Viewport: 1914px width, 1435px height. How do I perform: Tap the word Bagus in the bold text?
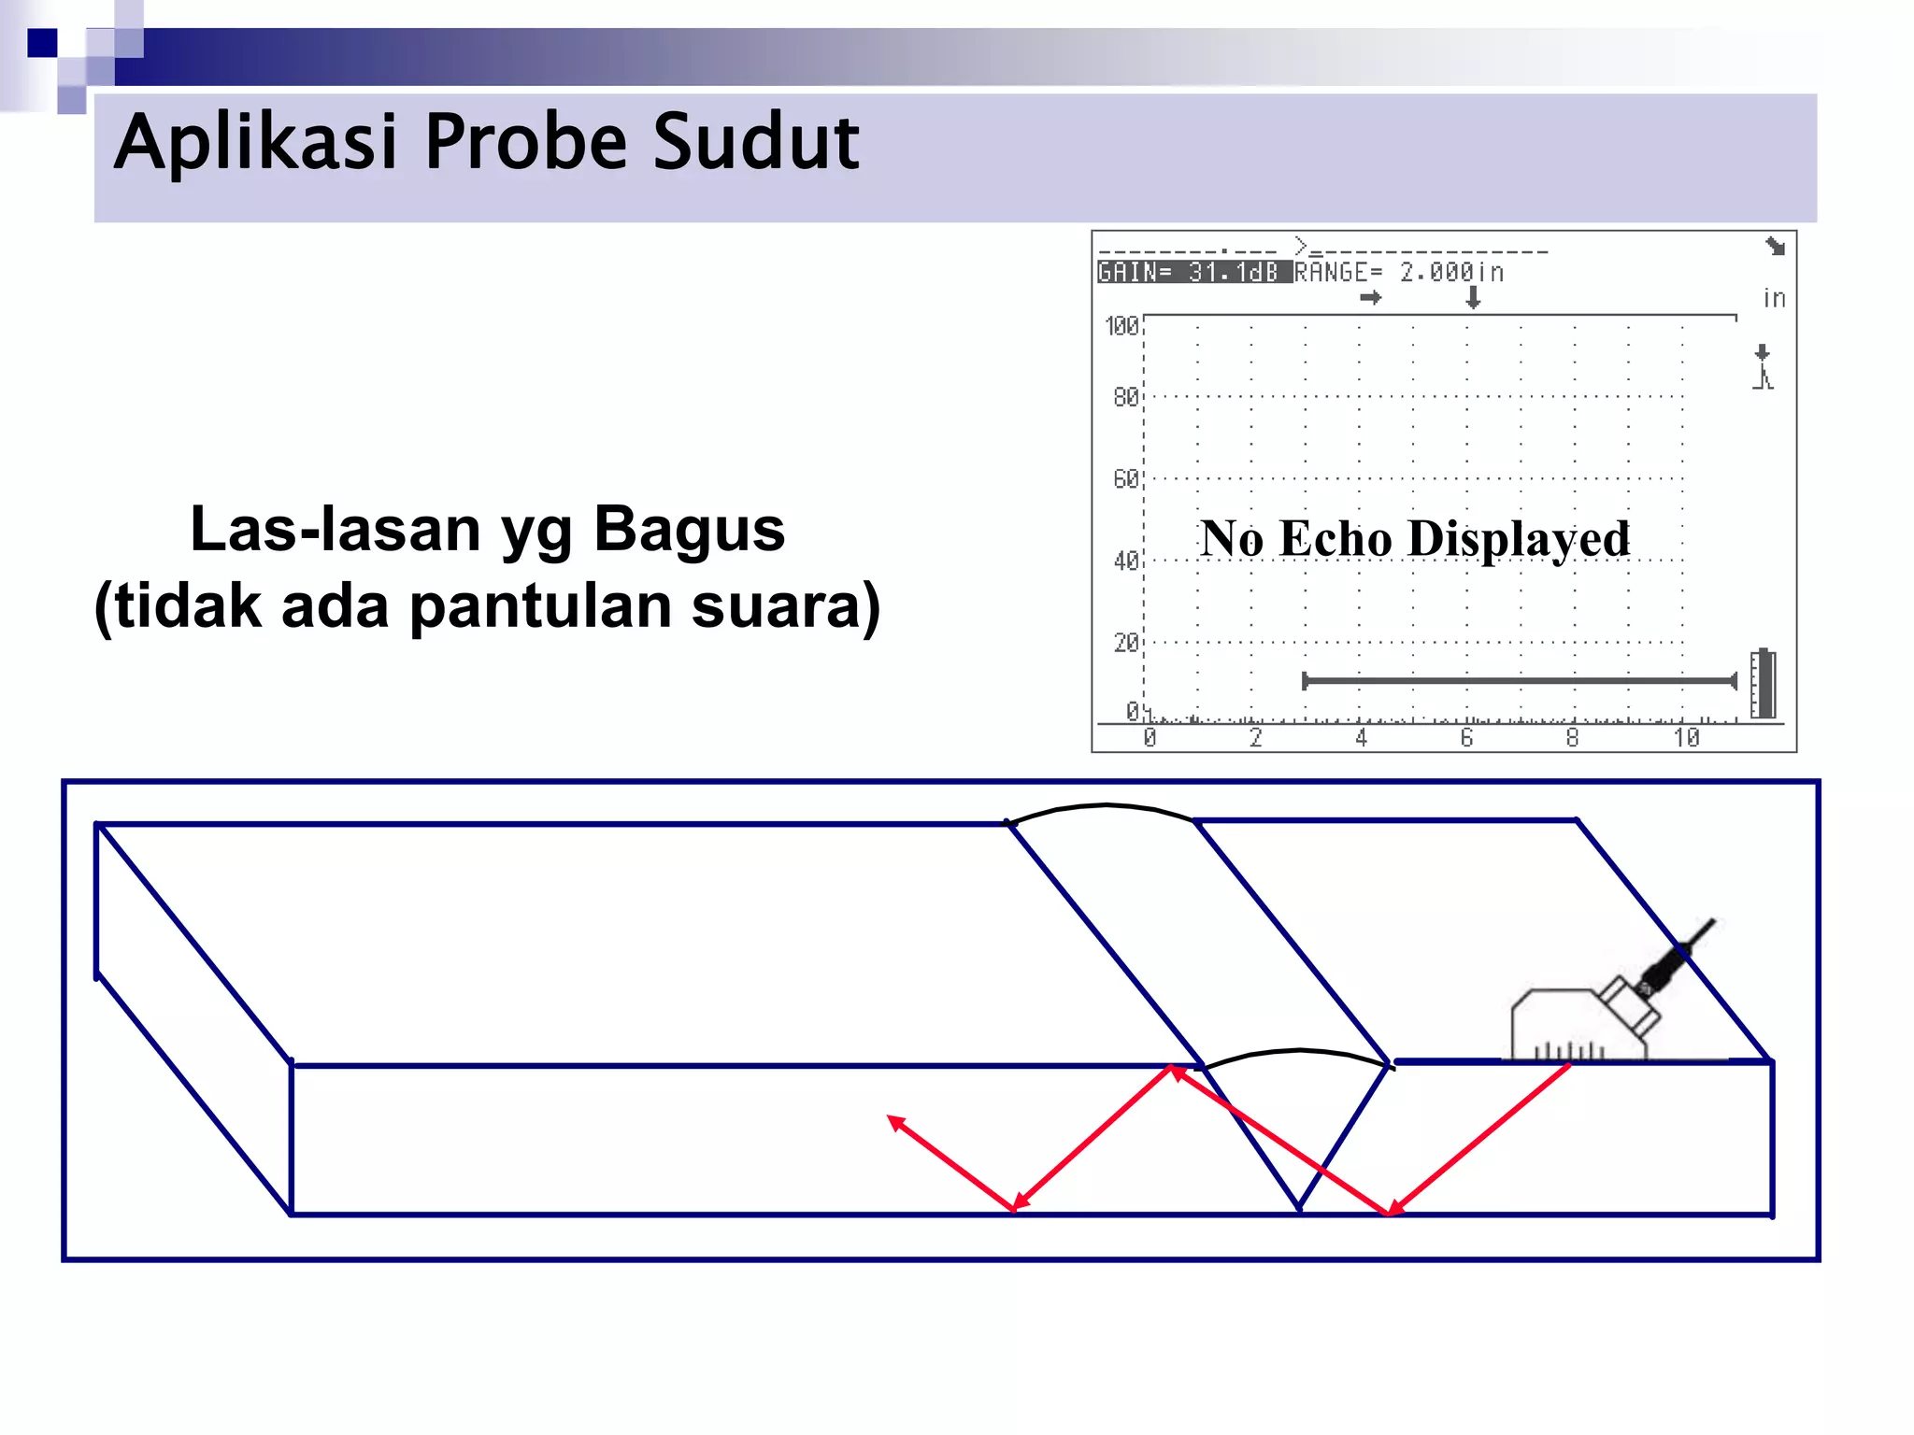(689, 529)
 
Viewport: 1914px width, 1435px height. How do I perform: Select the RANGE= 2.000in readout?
(1399, 272)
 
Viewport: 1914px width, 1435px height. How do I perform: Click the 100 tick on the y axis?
(1121, 326)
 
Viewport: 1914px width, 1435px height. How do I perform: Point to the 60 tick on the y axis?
(1125, 479)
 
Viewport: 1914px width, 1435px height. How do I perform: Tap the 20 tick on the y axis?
(1125, 643)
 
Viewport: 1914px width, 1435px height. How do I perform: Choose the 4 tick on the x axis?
(1361, 738)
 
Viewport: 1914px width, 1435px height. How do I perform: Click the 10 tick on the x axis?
(1686, 738)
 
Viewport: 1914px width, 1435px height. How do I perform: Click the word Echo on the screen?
(1336, 538)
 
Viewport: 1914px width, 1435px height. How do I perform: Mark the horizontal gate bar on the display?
(1519, 681)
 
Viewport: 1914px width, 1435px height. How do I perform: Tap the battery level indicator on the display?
(1763, 683)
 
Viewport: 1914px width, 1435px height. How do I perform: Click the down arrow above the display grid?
(1473, 298)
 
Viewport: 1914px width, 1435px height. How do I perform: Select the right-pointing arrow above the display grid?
(1370, 298)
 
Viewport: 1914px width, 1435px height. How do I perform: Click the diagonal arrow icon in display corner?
(1775, 247)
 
